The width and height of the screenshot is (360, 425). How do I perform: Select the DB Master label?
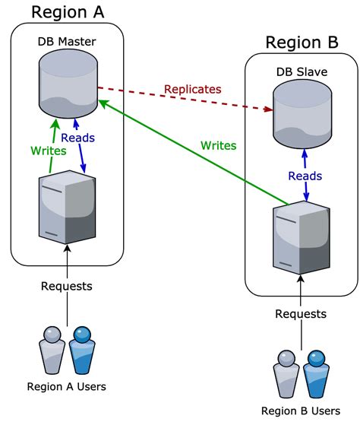click(67, 41)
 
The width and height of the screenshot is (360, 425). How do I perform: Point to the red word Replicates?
click(192, 89)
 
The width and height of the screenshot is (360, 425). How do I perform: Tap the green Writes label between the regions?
click(218, 145)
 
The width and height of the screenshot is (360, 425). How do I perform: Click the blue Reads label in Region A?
click(77, 138)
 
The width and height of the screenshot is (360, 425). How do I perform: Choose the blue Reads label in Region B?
click(305, 176)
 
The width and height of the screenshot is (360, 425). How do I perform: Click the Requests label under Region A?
click(67, 287)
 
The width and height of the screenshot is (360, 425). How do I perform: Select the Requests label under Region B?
click(301, 314)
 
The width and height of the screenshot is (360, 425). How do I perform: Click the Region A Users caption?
click(66, 387)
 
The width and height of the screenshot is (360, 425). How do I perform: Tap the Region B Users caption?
click(301, 411)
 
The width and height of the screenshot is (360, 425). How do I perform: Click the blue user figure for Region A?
click(81, 348)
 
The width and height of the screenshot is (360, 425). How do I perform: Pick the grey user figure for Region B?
click(286, 373)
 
